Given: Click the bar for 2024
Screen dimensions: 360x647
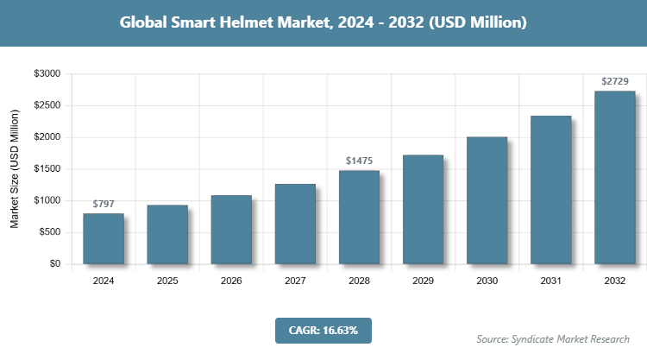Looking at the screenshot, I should pyautogui.click(x=104, y=238).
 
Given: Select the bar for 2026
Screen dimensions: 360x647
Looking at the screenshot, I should pyautogui.click(x=231, y=229).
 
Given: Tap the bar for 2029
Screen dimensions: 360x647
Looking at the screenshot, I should pyautogui.click(x=423, y=209).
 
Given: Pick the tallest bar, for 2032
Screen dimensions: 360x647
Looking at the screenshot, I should pyautogui.click(x=614, y=177).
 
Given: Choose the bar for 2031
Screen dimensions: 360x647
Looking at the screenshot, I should pyautogui.click(x=550, y=189).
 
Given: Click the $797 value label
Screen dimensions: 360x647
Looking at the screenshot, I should pyautogui.click(x=104, y=204).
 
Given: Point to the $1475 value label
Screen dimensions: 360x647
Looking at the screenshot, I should pyautogui.click(x=359, y=161).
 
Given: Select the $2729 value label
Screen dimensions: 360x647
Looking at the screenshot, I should pyautogui.click(x=614, y=82).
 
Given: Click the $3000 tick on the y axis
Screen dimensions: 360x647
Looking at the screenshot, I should pyautogui.click(x=46, y=74).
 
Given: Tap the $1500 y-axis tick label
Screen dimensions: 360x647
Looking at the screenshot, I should pyautogui.click(x=46, y=169).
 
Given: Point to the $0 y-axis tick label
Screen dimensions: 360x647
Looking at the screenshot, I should pyautogui.click(x=53, y=264).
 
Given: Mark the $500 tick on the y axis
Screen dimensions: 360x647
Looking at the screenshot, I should pyautogui.click(x=48, y=232).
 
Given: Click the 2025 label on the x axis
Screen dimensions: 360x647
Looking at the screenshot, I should pyautogui.click(x=167, y=281).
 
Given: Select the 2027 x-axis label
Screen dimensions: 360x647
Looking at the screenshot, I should pyautogui.click(x=295, y=281).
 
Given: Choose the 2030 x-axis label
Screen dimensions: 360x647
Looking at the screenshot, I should pyautogui.click(x=487, y=281).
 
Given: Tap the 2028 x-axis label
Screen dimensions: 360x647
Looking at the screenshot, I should pyautogui.click(x=359, y=281).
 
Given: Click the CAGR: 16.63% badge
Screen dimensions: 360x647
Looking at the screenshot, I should pyautogui.click(x=323, y=330).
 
